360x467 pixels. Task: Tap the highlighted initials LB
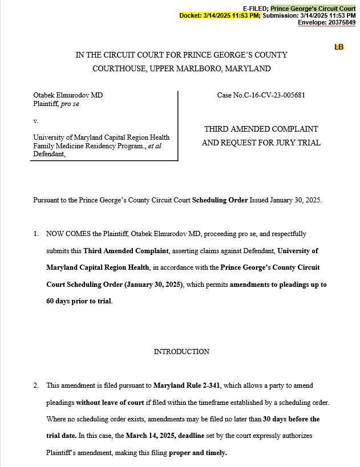coord(339,47)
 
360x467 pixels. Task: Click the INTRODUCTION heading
coord(181,351)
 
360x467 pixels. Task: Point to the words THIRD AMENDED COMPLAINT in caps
coord(261,129)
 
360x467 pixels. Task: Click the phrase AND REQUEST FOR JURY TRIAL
coord(261,143)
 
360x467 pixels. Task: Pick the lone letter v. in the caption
coord(36,121)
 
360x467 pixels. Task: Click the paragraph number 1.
coord(36,234)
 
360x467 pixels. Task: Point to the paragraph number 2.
coord(36,386)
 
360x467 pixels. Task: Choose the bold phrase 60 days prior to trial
coord(79,301)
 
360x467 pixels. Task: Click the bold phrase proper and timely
coord(198,453)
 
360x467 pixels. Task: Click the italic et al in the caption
coord(155,145)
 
